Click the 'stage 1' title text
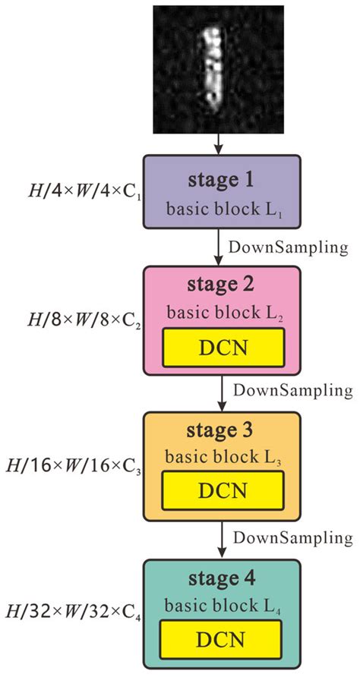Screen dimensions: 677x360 click(223, 182)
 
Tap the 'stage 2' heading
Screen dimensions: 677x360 click(223, 286)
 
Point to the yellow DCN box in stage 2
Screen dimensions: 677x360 click(223, 348)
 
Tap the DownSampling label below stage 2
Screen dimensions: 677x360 click(292, 391)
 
